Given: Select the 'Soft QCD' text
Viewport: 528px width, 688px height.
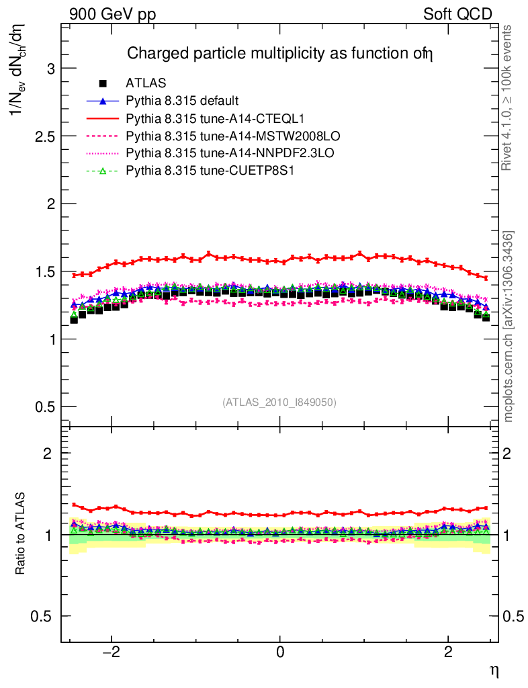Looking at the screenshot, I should pos(457,14).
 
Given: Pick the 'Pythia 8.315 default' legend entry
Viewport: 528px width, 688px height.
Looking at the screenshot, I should pos(182,101).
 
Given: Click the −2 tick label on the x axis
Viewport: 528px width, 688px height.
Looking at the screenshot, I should pos(112,653).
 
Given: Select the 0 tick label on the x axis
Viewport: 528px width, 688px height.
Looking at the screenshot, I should pos(280,653).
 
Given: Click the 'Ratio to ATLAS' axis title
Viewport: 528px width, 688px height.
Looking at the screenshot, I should pos(21,534).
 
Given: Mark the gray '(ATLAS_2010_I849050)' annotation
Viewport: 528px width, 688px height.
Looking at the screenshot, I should pos(279,402).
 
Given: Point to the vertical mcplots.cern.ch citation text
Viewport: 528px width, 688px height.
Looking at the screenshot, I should pos(509,327).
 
